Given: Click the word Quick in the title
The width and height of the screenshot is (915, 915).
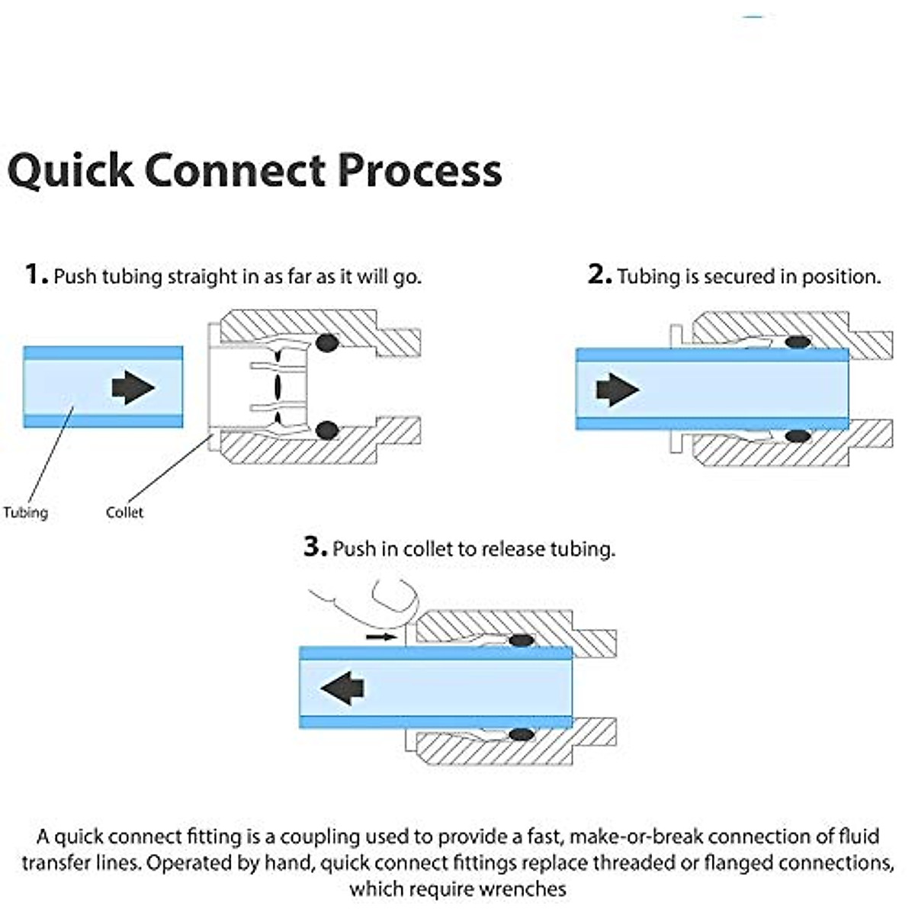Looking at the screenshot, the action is click(70, 171).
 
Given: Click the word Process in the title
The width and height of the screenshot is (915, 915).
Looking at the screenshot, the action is click(419, 170).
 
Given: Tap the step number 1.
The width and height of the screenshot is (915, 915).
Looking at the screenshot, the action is click(36, 274).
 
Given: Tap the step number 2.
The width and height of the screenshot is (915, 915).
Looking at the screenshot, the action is click(600, 274).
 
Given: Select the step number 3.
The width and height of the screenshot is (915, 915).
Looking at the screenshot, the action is click(315, 547).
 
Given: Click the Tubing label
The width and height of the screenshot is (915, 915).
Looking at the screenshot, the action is click(26, 513).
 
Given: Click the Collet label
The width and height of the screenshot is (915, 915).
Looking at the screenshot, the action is click(124, 512).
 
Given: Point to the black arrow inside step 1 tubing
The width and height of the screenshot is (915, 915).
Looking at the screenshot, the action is click(133, 387).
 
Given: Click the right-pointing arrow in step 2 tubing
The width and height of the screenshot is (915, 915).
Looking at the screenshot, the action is click(618, 390).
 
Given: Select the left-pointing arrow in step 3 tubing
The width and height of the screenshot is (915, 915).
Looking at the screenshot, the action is click(342, 688).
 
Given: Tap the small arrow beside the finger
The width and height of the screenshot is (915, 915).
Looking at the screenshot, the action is click(381, 637).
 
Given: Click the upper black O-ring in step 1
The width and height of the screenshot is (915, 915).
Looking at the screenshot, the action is click(327, 342).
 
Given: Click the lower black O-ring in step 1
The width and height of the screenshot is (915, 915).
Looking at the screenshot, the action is click(327, 430).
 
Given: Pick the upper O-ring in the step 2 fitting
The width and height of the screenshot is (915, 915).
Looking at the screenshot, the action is click(798, 342).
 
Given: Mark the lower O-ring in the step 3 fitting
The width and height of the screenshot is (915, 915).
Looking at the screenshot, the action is click(522, 734).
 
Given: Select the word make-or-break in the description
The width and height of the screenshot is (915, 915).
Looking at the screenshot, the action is click(636, 836).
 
